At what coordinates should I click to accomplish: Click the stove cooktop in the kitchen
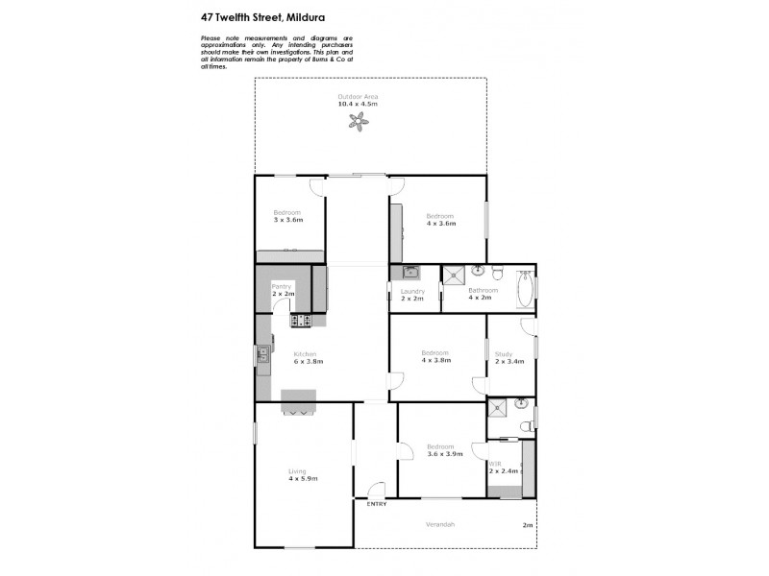coord(301,320)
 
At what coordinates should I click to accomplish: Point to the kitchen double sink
coord(260,358)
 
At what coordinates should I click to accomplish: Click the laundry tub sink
coord(409,273)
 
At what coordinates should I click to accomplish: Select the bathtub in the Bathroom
coord(525,289)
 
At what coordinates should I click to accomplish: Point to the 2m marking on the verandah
coord(526,525)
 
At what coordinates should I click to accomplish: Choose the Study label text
coord(504,354)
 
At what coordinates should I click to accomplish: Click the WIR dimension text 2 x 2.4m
coord(504,471)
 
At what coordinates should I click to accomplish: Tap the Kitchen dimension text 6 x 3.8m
coord(308,362)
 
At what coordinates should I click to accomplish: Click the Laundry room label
coord(412,291)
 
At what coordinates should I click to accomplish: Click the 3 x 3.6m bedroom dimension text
coord(287,220)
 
